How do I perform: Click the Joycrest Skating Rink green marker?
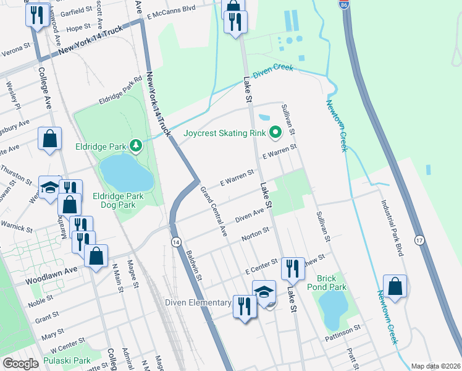pyautogui.click(x=275, y=132)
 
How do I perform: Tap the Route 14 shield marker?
pyautogui.click(x=176, y=242)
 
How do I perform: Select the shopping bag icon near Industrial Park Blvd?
pyautogui.click(x=395, y=286)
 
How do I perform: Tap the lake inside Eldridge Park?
pyautogui.click(x=126, y=173)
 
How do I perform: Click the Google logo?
pyautogui.click(x=20, y=364)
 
